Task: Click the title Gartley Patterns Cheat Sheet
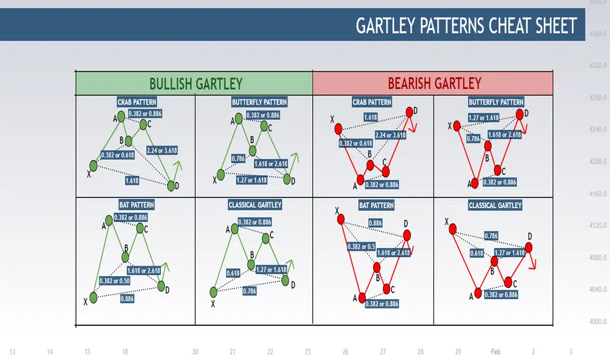click(466, 26)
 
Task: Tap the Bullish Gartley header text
click(196, 84)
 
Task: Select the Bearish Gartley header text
click(434, 83)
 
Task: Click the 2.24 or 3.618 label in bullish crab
click(162, 151)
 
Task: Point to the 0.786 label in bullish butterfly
click(238, 158)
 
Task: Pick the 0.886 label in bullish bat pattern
click(127, 299)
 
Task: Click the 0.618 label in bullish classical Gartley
click(233, 273)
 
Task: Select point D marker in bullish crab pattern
click(171, 186)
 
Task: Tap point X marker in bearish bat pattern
click(341, 219)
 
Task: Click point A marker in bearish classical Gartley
click(478, 293)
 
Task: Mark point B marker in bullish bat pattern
click(125, 257)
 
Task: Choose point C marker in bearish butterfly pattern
click(497, 170)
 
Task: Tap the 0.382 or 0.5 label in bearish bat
click(361, 246)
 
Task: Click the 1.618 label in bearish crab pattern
click(370, 117)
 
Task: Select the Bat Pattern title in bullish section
click(137, 205)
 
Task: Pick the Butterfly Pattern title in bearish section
click(496, 102)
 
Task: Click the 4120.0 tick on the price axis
click(598, 225)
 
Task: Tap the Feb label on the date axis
click(495, 351)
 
